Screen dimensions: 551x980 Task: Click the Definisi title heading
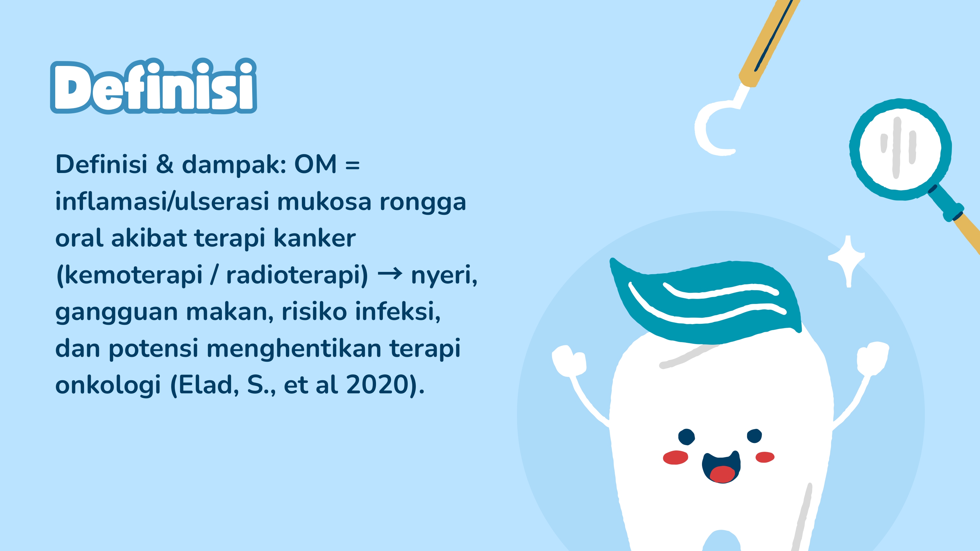[153, 87]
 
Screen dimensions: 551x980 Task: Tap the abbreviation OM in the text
[315, 164]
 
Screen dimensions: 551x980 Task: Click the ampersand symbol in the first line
[164, 164]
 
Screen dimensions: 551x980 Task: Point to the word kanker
[314, 238]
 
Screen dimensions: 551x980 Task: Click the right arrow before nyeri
[390, 274]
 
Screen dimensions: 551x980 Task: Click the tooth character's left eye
[686, 436]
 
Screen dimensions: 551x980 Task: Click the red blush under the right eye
[765, 457]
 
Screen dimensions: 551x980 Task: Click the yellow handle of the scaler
[768, 42]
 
